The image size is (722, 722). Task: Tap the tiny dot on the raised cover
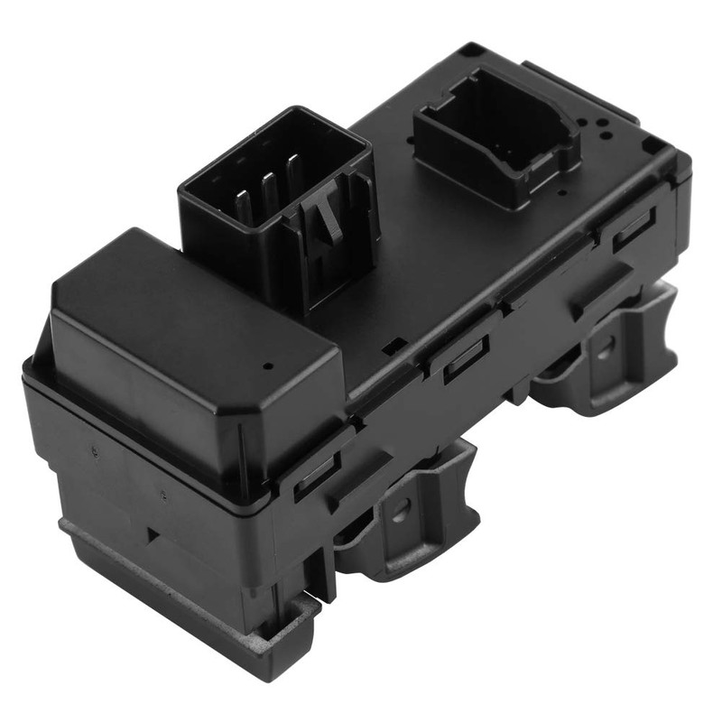point(268,368)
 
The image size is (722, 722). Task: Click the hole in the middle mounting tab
point(401,507)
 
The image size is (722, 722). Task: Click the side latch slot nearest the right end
point(634,229)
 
